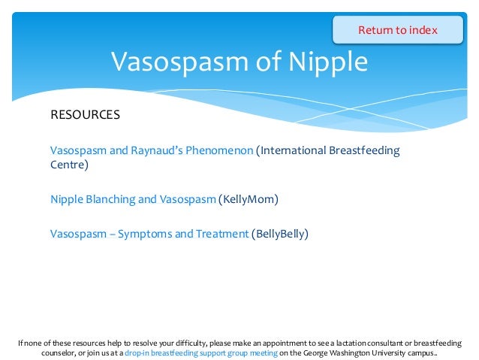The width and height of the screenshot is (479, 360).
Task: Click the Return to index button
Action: [397, 30]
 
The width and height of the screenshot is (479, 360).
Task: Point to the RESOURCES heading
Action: [85, 115]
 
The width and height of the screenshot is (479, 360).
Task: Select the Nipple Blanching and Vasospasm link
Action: [133, 199]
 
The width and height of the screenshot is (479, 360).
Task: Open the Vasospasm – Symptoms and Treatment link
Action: [149, 234]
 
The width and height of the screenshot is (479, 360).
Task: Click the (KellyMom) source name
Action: [248, 199]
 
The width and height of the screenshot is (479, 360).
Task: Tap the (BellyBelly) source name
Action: [280, 234]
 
